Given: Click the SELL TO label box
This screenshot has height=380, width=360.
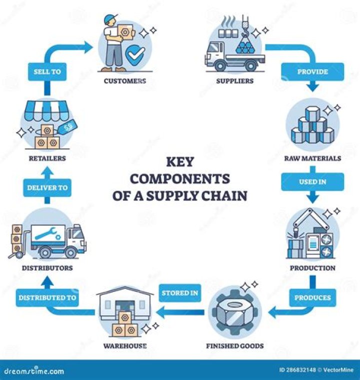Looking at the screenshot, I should pyautogui.click(x=48, y=72).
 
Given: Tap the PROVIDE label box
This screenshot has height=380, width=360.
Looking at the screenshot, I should pyautogui.click(x=312, y=72).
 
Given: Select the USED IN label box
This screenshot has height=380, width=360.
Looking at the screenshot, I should pyautogui.click(x=312, y=181).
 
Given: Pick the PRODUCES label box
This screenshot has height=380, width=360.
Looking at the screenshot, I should pyautogui.click(x=312, y=297).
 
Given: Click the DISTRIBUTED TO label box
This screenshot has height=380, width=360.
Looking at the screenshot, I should pyautogui.click(x=47, y=297).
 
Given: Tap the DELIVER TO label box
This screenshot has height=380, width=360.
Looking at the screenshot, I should pyautogui.click(x=48, y=188).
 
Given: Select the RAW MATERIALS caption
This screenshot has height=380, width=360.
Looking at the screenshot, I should pyautogui.click(x=312, y=158).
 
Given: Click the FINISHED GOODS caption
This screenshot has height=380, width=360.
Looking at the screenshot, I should pyautogui.click(x=235, y=346).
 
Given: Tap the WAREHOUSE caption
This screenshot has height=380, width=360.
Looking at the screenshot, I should pyautogui.click(x=125, y=346).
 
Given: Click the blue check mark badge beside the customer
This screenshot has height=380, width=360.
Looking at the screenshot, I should pyautogui.click(x=135, y=57).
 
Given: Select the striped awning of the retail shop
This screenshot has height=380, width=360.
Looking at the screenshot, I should pyautogui.click(x=47, y=109).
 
